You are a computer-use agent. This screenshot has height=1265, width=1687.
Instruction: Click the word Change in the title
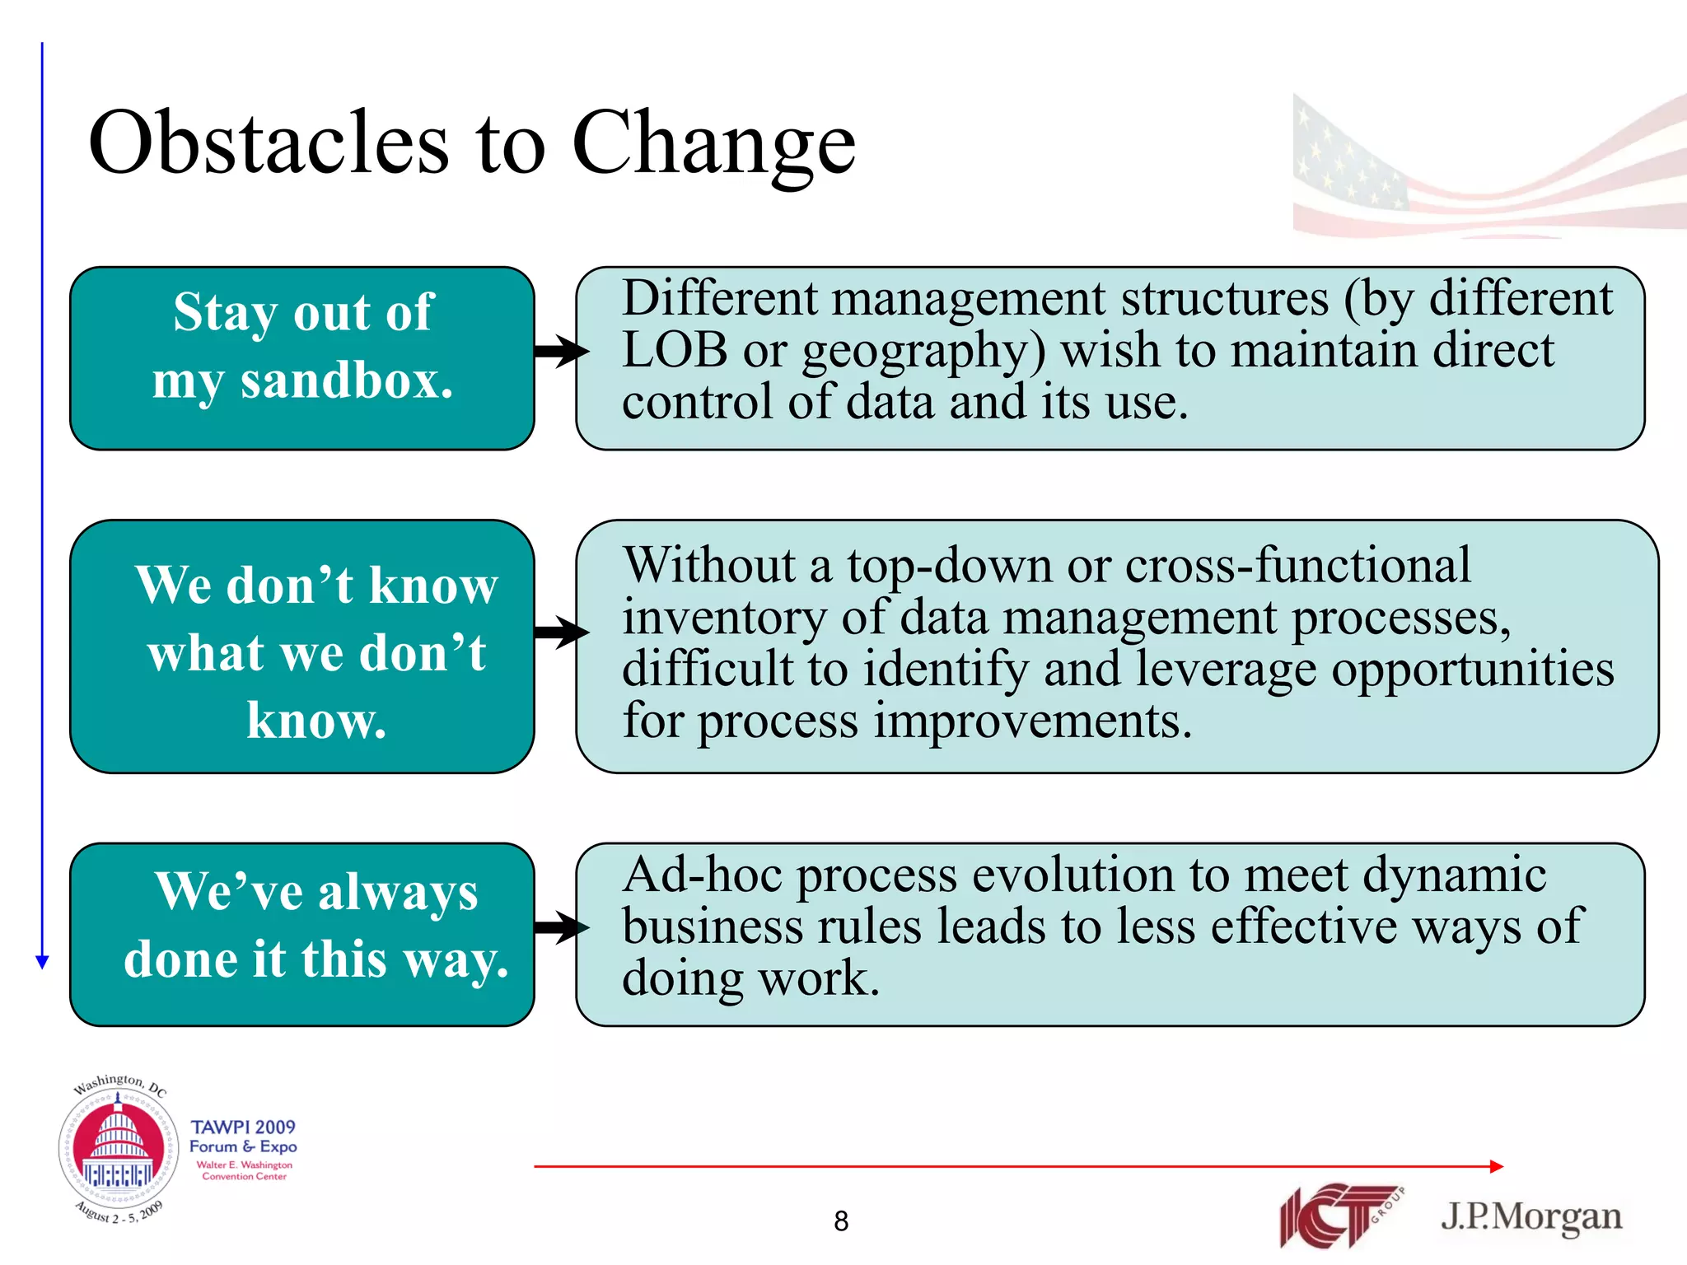(x=713, y=145)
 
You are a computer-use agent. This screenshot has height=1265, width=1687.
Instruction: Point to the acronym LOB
(x=674, y=349)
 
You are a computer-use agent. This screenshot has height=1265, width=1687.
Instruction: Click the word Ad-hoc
(x=702, y=875)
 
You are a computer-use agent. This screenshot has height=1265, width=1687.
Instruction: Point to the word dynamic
(x=1454, y=875)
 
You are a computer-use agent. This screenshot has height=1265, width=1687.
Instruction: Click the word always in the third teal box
(x=397, y=892)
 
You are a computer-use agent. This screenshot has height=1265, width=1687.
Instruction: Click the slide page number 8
(x=840, y=1221)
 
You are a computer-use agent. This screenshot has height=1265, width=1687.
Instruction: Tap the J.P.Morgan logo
(x=1530, y=1216)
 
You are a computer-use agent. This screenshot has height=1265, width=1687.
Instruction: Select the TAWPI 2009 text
(x=243, y=1127)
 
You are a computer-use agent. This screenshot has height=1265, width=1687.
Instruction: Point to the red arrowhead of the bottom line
(x=1497, y=1166)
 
